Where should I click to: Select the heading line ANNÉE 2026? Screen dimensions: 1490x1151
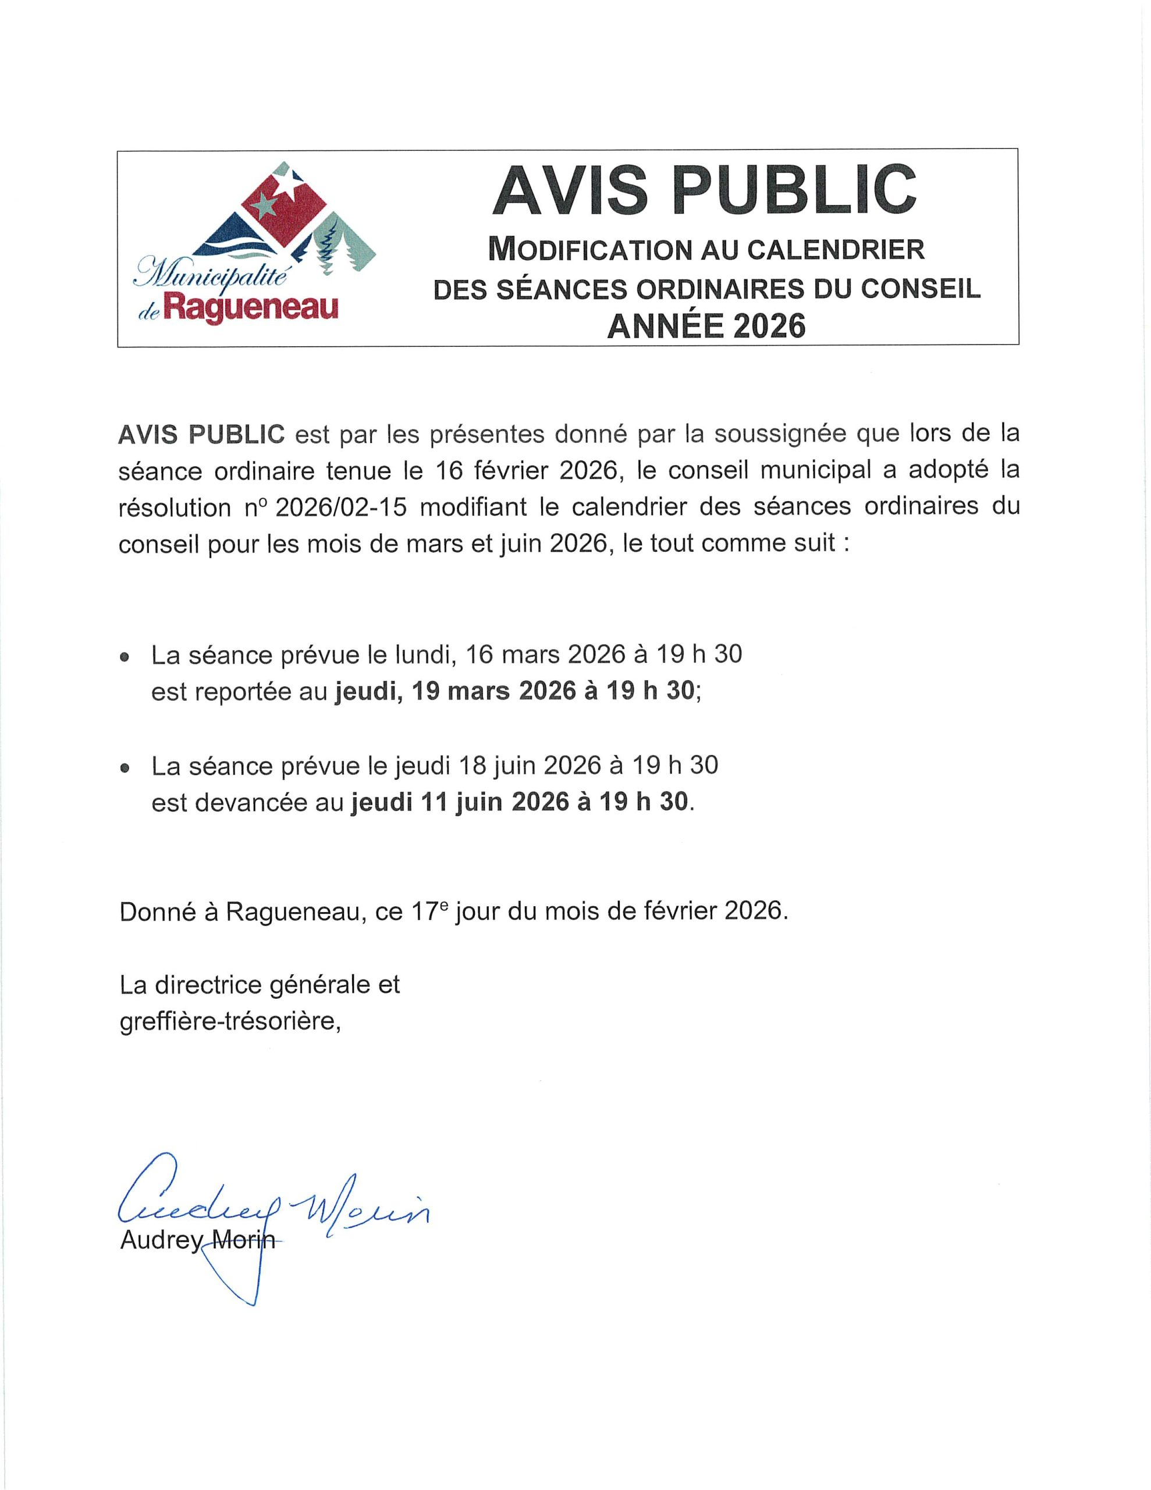[706, 326]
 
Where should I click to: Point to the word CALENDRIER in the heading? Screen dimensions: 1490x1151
[836, 250]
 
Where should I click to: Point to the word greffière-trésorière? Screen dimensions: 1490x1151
[230, 1023]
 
